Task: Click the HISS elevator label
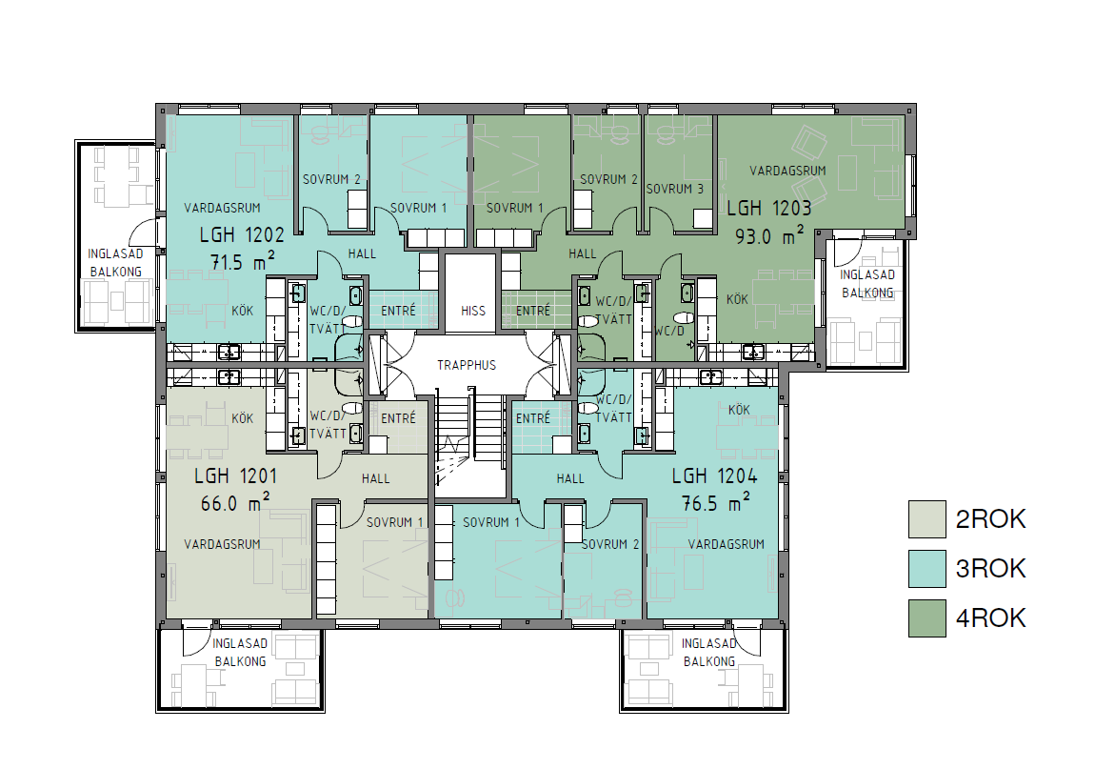[x=473, y=311]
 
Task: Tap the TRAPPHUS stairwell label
[x=467, y=365]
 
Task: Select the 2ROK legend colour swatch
[x=927, y=518]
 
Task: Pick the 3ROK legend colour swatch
[x=927, y=568]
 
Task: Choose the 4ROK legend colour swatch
[x=927, y=617]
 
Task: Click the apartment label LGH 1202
[x=242, y=234]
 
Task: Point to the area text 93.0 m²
[x=769, y=235]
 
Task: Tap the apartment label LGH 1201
[x=235, y=476]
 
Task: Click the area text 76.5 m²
[x=716, y=503]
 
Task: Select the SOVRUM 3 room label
[x=675, y=189]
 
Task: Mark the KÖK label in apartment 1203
[x=737, y=299]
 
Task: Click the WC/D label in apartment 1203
[x=668, y=332]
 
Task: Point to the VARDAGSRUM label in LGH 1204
[x=726, y=544]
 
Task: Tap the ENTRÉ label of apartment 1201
[x=398, y=418]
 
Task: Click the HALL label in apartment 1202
[x=362, y=254]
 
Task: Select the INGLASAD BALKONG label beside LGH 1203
[x=866, y=283]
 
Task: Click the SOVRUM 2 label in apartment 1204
[x=610, y=544]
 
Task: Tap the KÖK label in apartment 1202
[x=243, y=311]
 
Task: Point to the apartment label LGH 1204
[x=715, y=476]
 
